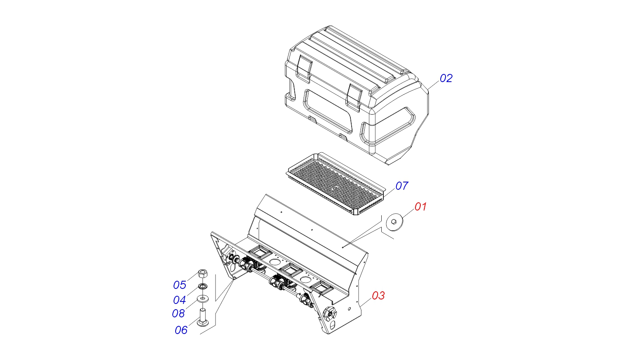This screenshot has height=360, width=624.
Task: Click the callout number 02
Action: pyautogui.click(x=446, y=78)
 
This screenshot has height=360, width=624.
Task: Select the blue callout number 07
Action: pyautogui.click(x=402, y=186)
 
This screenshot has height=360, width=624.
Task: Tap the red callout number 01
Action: pyautogui.click(x=421, y=206)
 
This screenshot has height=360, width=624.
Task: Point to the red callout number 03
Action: pyautogui.click(x=378, y=295)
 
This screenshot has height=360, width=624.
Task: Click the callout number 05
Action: pyautogui.click(x=180, y=285)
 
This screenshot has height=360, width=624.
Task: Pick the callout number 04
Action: pyautogui.click(x=179, y=300)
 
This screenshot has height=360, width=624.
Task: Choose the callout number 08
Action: pyautogui.click(x=178, y=313)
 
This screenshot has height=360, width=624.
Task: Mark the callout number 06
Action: pyautogui.click(x=181, y=330)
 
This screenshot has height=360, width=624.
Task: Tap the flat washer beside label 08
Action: pyautogui.click(x=203, y=299)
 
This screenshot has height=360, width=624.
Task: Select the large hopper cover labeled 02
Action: pyautogui.click(x=357, y=95)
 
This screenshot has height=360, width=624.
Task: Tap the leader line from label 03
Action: pyautogui.click(x=366, y=302)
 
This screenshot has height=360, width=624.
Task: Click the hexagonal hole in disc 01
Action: pyautogui.click(x=394, y=221)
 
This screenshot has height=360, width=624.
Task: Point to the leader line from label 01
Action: pyautogui.click(x=408, y=213)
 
